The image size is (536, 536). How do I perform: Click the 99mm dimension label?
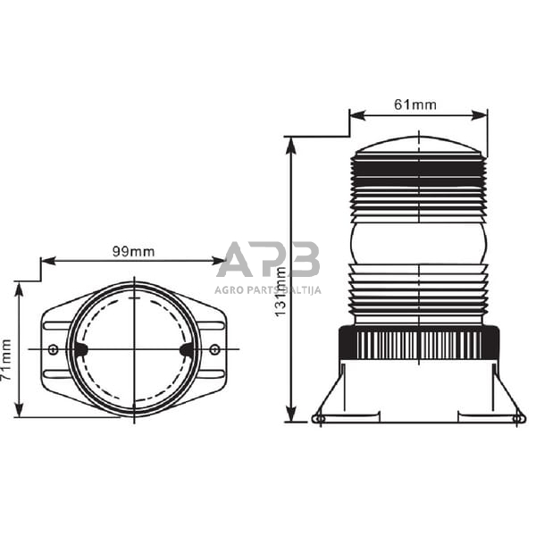(133, 251)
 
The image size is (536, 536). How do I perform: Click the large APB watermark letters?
(268, 259)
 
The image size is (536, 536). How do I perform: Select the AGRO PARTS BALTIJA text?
(268, 289)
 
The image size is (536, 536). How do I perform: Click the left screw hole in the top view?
(54, 348)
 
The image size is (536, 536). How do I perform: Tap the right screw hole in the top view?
(214, 348)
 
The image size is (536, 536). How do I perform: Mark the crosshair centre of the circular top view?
(134, 348)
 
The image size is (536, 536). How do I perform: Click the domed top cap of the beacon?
(418, 145)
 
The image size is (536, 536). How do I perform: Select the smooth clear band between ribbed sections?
(418, 242)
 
